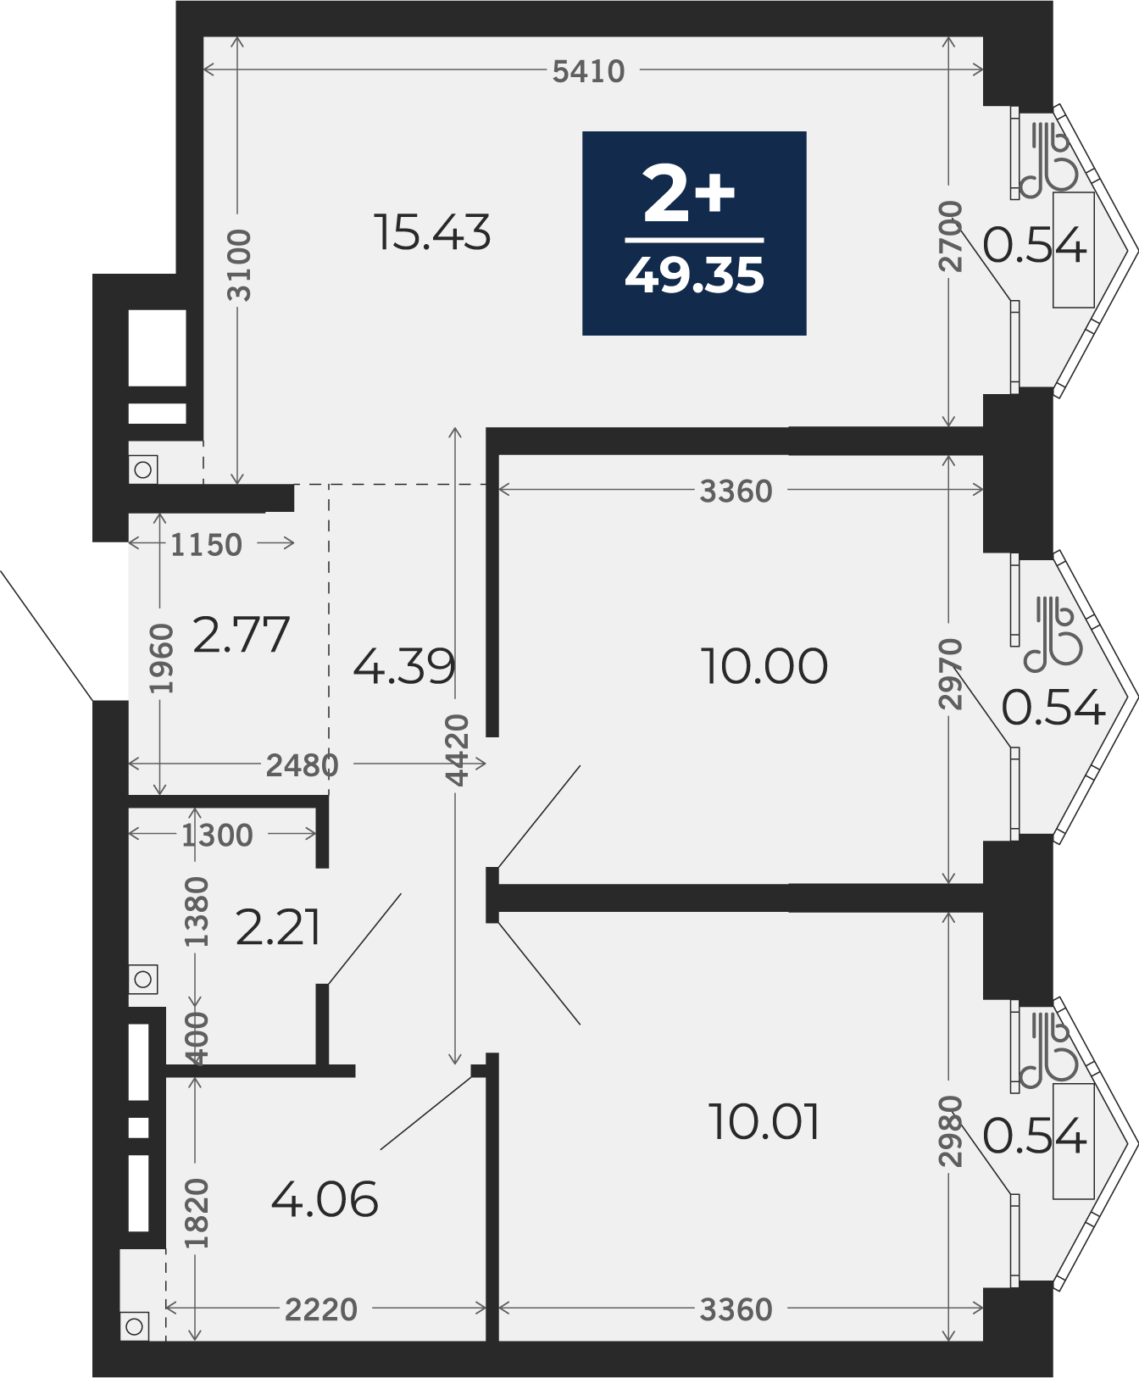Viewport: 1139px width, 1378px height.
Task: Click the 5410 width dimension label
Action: [x=588, y=72]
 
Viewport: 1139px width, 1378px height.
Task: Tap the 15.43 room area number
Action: [x=432, y=232]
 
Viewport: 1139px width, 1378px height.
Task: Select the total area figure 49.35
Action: [x=695, y=275]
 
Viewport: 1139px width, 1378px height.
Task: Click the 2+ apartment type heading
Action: [x=689, y=194]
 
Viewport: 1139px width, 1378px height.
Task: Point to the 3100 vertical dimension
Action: [x=240, y=264]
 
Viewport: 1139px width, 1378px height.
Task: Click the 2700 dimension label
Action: [x=951, y=236]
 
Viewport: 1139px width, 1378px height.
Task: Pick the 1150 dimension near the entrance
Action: [x=206, y=544]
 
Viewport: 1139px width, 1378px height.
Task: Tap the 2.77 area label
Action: [x=242, y=635]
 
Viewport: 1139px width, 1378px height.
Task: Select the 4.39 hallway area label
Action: [x=404, y=666]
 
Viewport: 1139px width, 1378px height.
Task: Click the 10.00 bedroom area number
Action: [x=764, y=666]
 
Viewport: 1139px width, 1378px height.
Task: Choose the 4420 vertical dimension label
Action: [x=457, y=750]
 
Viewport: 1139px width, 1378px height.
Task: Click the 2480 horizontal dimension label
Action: [x=303, y=765]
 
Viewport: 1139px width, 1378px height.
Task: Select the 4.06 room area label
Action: [x=325, y=1200]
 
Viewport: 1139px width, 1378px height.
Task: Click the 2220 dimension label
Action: [x=321, y=1310]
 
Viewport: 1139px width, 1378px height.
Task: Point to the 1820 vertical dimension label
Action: [x=196, y=1214]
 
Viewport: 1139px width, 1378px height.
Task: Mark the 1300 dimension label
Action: [x=217, y=836]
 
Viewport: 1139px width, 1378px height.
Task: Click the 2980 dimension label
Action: [x=951, y=1131]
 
